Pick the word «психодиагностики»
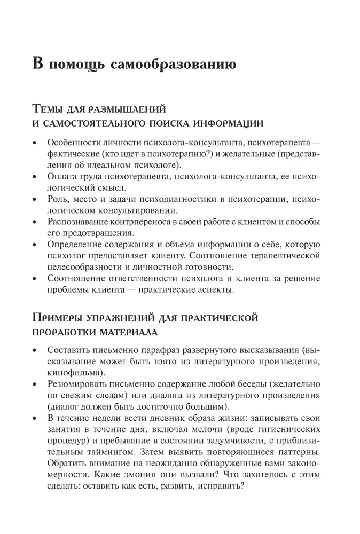point(167,199)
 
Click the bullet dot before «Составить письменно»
point(35,351)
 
